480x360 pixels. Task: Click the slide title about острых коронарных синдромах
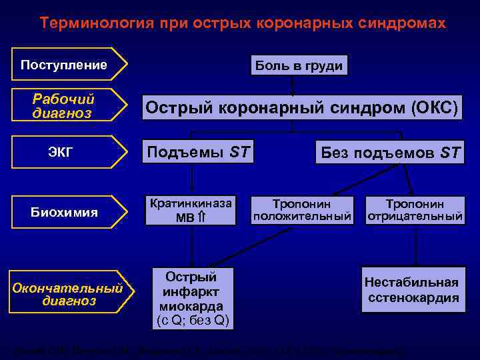pos(242,23)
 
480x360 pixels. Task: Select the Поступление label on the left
pos(65,65)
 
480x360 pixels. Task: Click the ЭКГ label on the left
pos(61,152)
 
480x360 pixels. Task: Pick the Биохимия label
pos(65,212)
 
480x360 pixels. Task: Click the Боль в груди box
pos(298,65)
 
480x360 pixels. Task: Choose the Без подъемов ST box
pos(390,153)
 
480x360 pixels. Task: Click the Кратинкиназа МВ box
pos(192,209)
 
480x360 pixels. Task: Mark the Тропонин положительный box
pos(303,209)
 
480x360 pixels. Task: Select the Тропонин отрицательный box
pos(415,209)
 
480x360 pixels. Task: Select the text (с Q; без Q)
pos(192,321)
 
